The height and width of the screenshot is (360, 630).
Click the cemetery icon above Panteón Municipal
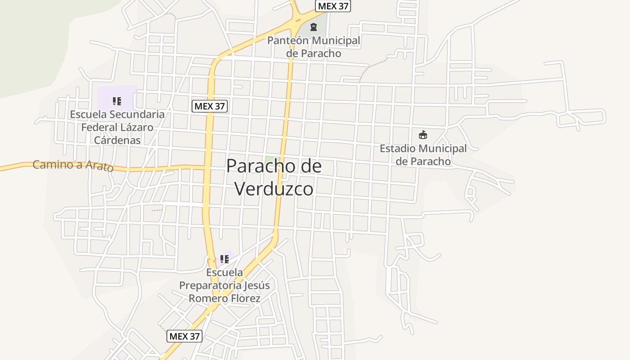coord(314,27)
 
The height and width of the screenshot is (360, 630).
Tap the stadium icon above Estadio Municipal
coord(423,135)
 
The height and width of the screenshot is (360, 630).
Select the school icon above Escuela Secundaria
coord(117,101)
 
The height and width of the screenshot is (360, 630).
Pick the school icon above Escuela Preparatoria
coord(225,259)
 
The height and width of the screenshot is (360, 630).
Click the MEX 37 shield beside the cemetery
coord(333,6)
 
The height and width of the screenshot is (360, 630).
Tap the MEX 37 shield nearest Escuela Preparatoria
coord(184,336)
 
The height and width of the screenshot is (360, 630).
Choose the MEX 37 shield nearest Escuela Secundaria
coord(210,107)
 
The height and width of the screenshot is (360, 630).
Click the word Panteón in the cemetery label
coord(288,40)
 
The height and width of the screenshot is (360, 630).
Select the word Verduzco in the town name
coord(274,189)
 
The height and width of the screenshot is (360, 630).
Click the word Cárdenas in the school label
coord(117,140)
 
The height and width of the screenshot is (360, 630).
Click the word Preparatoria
coord(210,285)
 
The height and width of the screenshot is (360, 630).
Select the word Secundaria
coord(138,114)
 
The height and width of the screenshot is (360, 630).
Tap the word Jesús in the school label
coord(257,285)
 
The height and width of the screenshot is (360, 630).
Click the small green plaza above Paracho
coord(270,159)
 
